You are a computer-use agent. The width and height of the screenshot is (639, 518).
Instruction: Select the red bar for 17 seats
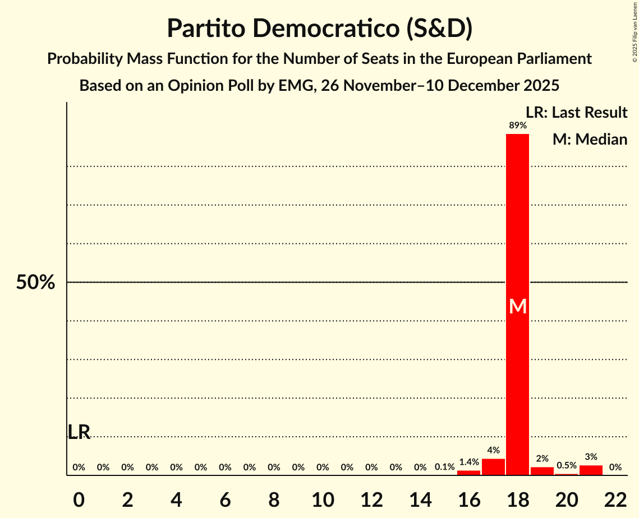[x=493, y=467]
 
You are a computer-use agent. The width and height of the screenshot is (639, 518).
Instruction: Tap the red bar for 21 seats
[x=591, y=470]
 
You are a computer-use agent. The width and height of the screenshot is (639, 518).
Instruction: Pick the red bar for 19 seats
[x=542, y=471]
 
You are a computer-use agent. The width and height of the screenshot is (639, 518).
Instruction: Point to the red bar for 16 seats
[x=468, y=473]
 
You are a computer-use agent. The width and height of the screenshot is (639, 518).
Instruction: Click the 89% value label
[x=517, y=126]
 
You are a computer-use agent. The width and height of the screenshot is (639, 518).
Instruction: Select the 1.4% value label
[x=468, y=462]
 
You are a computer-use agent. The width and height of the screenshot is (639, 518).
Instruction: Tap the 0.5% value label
[x=566, y=466]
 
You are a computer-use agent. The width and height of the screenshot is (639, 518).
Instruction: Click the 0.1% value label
[x=444, y=467]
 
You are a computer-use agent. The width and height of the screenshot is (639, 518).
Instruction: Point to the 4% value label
[x=493, y=450]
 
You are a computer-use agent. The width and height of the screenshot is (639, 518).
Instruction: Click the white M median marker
[x=517, y=307]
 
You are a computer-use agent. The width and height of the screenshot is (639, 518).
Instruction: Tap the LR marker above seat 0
[x=79, y=432]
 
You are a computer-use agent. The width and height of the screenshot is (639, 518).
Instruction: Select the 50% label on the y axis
[x=35, y=283]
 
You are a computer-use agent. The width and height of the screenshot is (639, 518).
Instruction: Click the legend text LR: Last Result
[x=576, y=113]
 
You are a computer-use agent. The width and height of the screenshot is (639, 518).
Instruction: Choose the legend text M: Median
[x=590, y=139]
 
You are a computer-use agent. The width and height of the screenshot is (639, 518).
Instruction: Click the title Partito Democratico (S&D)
[x=319, y=29]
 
